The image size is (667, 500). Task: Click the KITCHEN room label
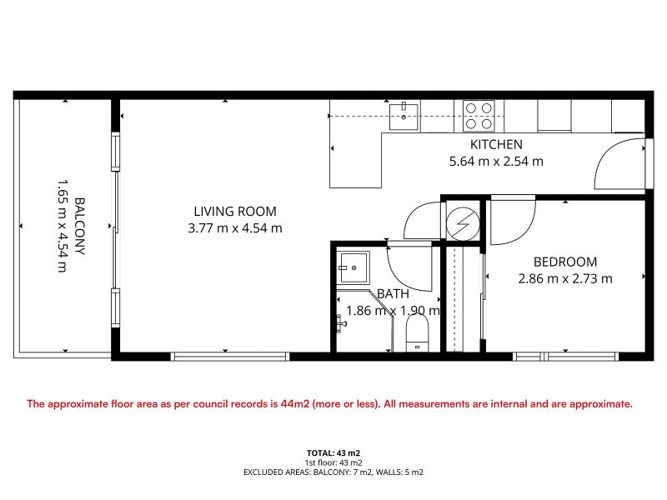(496, 144)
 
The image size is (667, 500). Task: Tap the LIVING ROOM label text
(235, 212)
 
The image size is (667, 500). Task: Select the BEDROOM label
(565, 262)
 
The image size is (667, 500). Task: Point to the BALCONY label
(79, 226)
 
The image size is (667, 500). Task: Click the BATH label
(393, 294)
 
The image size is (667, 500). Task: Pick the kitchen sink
(404, 116)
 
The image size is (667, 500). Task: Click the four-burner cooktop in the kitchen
(479, 116)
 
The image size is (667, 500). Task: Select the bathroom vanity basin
(353, 267)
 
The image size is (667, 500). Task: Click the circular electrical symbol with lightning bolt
(463, 222)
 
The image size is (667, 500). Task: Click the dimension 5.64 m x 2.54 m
(496, 162)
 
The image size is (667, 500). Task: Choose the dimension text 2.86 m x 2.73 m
(565, 279)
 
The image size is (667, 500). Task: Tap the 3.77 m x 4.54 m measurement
(235, 228)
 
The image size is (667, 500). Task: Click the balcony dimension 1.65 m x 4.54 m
(63, 226)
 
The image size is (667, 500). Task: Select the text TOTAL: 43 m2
(333, 453)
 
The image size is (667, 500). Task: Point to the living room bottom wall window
(230, 357)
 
